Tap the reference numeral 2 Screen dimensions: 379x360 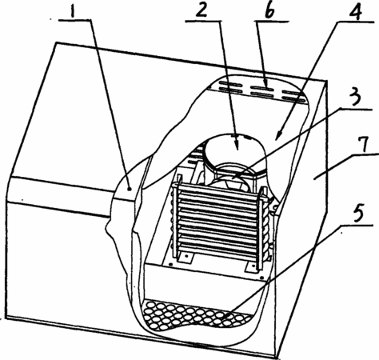click(x=201, y=10)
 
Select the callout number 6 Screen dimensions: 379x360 click(x=270, y=10)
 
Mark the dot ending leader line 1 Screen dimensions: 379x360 click(x=130, y=189)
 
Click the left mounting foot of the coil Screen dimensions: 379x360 click(x=186, y=258)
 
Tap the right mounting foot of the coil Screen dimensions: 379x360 click(x=250, y=266)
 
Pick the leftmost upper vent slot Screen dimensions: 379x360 click(x=230, y=84)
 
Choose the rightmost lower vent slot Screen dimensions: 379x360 click(x=294, y=100)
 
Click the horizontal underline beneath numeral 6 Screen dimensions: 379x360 click(x=272, y=21)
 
